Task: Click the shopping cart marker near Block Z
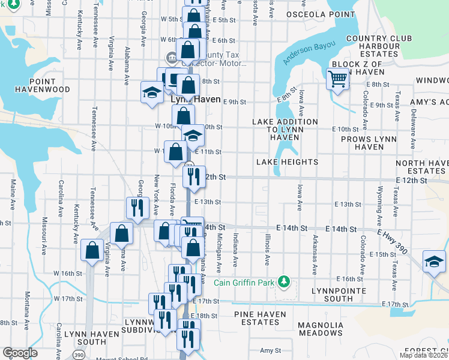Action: pyautogui.click(x=337, y=78)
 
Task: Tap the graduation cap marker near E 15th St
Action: pyautogui.click(x=433, y=262)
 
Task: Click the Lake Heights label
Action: pyautogui.click(x=287, y=162)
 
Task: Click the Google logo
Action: pyautogui.click(x=20, y=353)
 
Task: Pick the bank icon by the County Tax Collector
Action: pyautogui.click(x=170, y=58)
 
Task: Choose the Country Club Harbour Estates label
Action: pyautogui.click(x=379, y=46)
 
